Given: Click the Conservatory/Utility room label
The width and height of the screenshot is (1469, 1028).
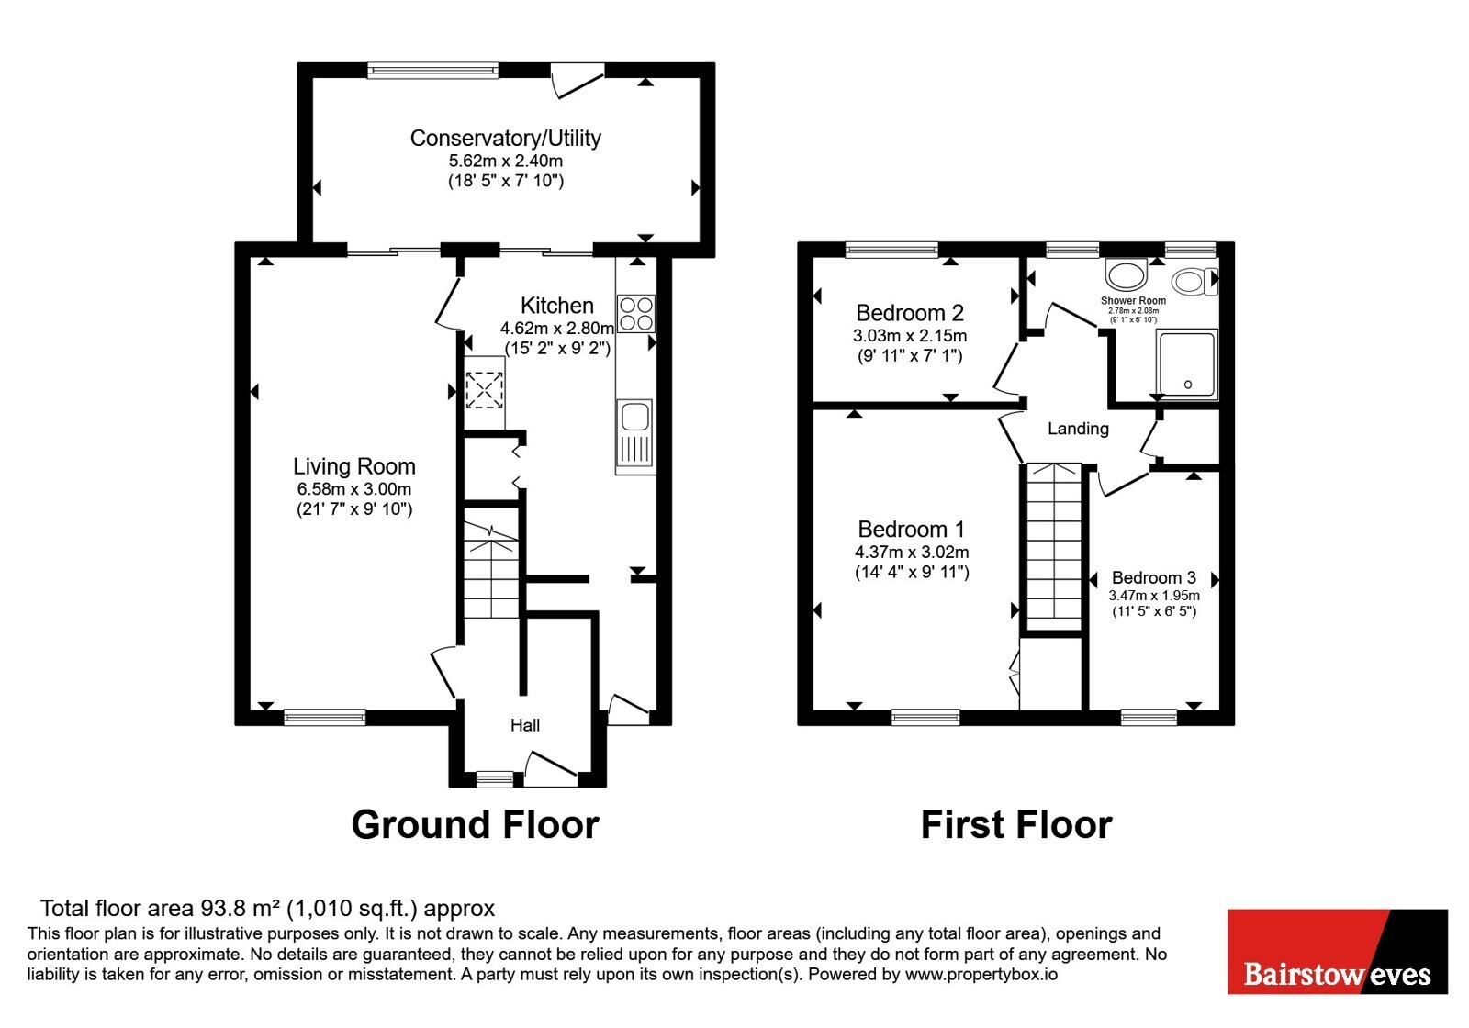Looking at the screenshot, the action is click(505, 138).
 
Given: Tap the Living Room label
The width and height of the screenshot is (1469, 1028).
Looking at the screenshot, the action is click(354, 466).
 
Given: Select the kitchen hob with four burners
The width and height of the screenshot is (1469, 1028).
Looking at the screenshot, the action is click(636, 314).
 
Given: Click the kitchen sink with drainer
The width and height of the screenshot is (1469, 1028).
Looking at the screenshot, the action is click(634, 436).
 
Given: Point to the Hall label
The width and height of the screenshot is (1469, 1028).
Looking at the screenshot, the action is click(525, 725).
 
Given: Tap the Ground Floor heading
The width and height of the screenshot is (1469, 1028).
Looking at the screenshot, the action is click(476, 825).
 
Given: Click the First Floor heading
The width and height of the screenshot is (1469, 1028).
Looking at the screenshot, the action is click(1016, 825).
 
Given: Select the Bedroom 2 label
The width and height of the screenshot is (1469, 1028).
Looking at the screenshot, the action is click(910, 313).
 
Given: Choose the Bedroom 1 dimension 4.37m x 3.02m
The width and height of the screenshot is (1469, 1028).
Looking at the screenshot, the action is click(912, 552).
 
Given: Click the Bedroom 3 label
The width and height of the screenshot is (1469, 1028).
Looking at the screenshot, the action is click(1153, 577).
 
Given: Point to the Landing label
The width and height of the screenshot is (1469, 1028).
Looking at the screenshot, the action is click(1078, 429).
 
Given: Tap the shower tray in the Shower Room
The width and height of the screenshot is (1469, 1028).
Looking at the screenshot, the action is click(1187, 363).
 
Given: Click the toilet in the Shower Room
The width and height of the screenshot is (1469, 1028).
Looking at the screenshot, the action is click(1194, 282).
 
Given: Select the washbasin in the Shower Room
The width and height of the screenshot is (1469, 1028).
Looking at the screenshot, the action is click(1127, 274).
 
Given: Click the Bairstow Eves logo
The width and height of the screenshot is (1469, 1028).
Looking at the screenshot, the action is click(1337, 951).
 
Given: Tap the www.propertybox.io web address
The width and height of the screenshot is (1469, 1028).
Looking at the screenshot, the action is click(981, 974).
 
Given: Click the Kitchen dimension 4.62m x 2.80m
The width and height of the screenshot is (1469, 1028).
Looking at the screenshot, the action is click(557, 328).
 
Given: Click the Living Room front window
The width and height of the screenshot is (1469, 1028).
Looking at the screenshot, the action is click(325, 717).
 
